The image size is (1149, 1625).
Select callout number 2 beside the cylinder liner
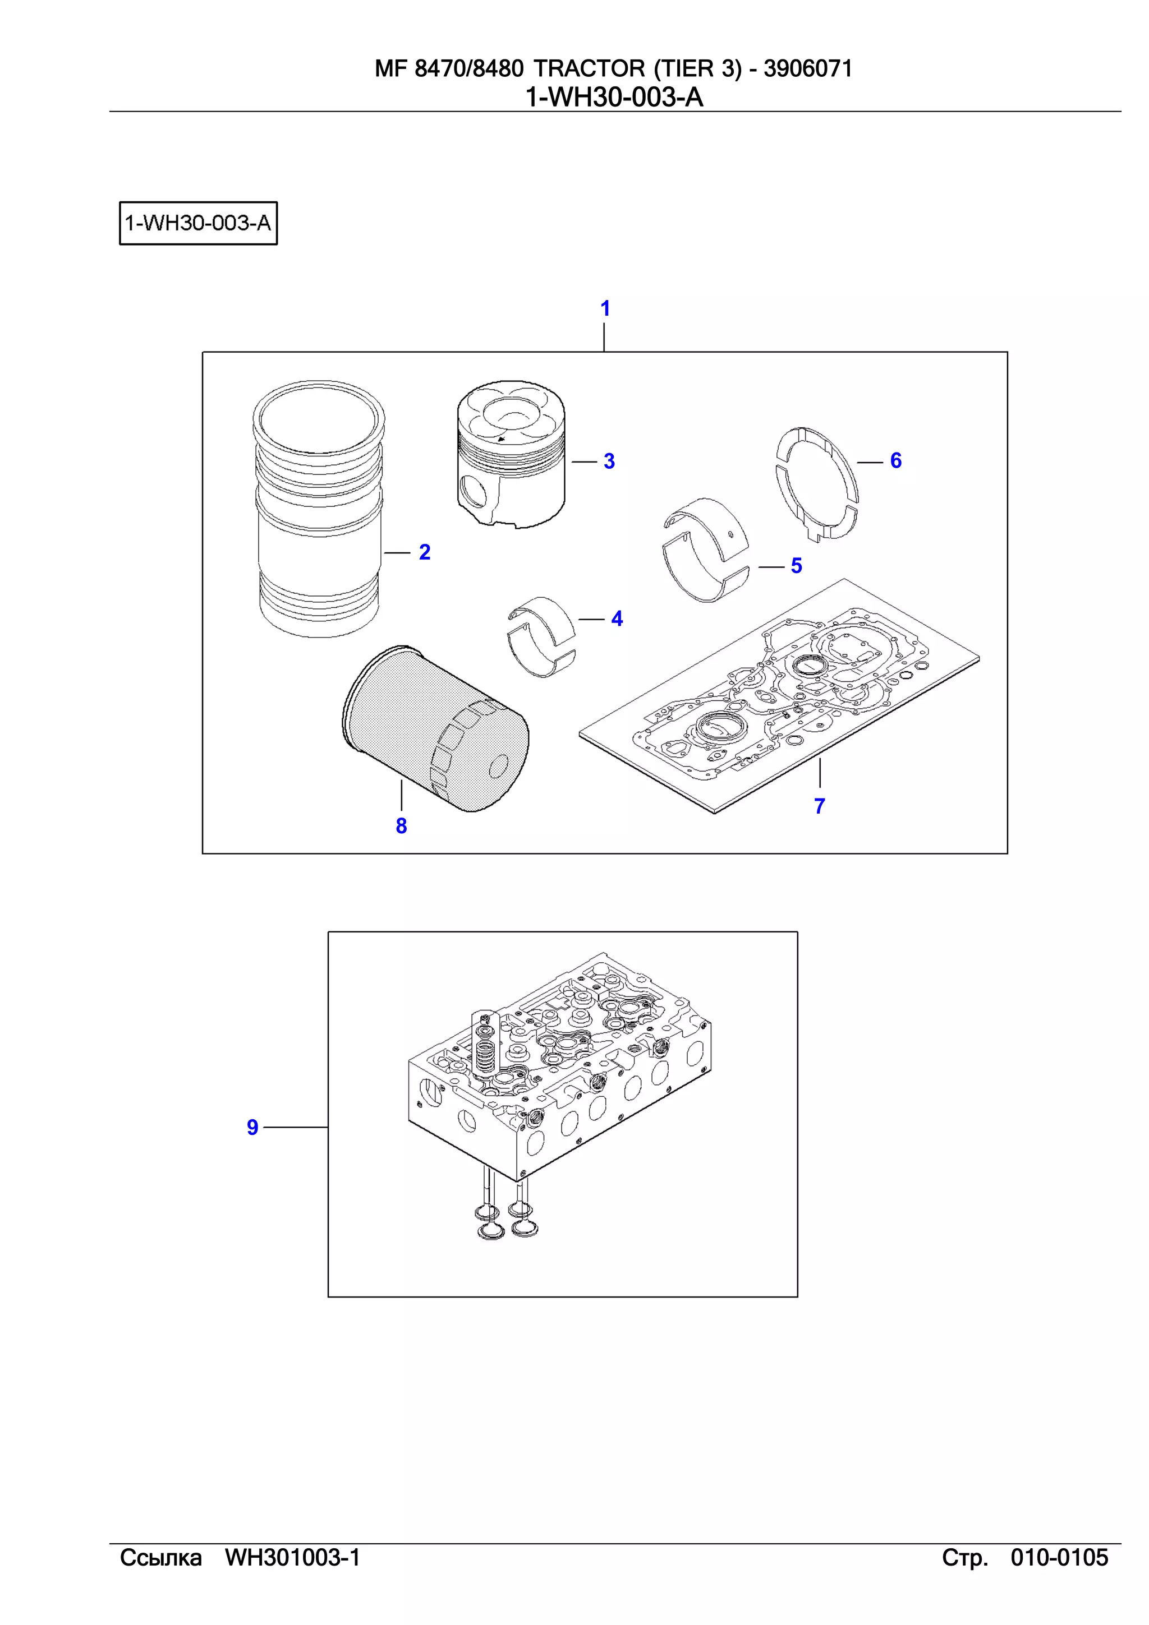[425, 552]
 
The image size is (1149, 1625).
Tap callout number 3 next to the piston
[609, 461]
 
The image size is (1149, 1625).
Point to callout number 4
[617, 618]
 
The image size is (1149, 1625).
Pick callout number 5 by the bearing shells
[797, 566]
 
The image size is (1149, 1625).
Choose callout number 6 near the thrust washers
[895, 461]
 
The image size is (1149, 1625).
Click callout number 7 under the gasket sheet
[820, 806]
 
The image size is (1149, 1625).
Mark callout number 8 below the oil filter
[401, 826]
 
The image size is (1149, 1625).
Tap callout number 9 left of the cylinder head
[252, 1128]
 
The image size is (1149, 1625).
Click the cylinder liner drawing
[319, 510]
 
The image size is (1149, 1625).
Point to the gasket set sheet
[779, 697]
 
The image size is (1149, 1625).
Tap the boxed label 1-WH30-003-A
[198, 224]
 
